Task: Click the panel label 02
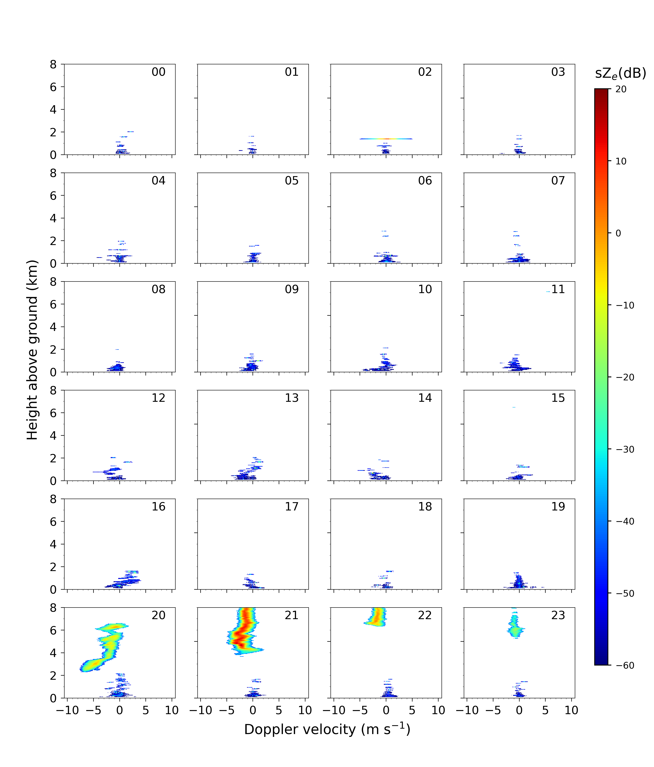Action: [x=425, y=72]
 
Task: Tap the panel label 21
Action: [x=291, y=615]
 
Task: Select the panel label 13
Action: [x=291, y=398]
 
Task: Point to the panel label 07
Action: [x=558, y=181]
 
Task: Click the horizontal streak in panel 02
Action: [x=386, y=139]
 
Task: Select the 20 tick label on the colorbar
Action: [x=621, y=89]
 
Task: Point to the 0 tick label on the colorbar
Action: [x=618, y=233]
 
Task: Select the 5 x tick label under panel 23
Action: [x=545, y=710]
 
